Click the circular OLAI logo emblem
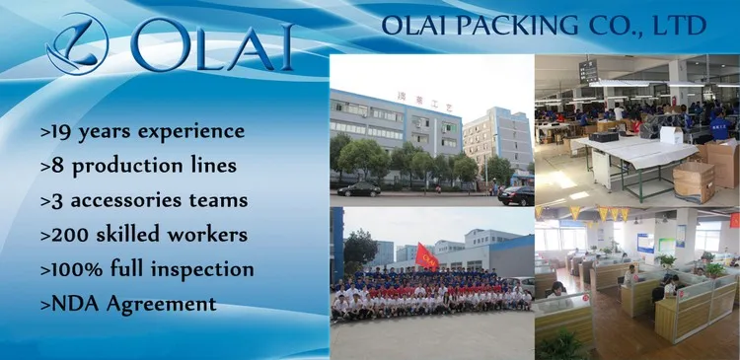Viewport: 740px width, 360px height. tap(77, 43)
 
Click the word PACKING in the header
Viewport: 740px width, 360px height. tap(518, 25)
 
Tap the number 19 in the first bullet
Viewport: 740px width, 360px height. tap(61, 131)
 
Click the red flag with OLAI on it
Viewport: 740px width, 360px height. tap(426, 256)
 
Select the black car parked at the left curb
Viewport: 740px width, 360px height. tap(359, 189)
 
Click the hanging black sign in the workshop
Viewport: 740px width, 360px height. tap(588, 72)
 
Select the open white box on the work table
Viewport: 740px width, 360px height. tap(672, 135)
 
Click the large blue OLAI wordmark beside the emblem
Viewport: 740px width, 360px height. tap(212, 44)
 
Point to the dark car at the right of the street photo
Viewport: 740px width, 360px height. tap(516, 196)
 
